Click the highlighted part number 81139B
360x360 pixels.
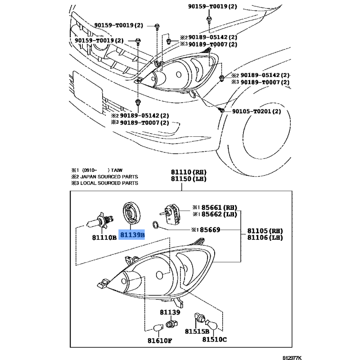[x=132, y=235]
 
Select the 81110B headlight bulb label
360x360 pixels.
[x=104, y=238]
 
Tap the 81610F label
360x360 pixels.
[x=160, y=341]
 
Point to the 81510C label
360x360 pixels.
[x=215, y=339]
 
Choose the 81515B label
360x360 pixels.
[x=197, y=331]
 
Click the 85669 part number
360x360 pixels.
[x=210, y=229]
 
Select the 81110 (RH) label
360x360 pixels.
[x=189, y=172]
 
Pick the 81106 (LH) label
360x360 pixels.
[x=265, y=238]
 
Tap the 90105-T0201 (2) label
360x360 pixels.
[x=256, y=111]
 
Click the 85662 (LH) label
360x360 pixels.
[x=219, y=214]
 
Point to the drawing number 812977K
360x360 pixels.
[x=292, y=358]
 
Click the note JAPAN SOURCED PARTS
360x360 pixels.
[x=109, y=177]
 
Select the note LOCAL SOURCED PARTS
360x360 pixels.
[x=109, y=183]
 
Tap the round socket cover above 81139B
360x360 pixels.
[x=131, y=213]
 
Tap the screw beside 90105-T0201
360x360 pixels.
[x=221, y=110]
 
